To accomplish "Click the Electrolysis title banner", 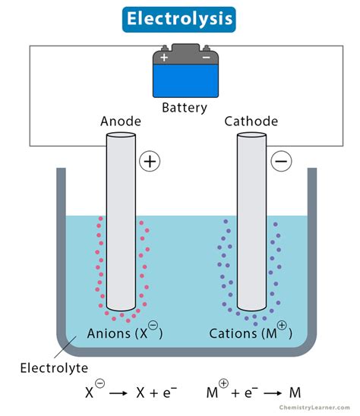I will (x=180, y=17).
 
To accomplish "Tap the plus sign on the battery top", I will (x=165, y=56).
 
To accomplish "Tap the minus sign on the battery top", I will (x=203, y=56).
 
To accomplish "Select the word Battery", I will (x=184, y=108).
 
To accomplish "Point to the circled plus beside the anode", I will (x=149, y=161).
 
